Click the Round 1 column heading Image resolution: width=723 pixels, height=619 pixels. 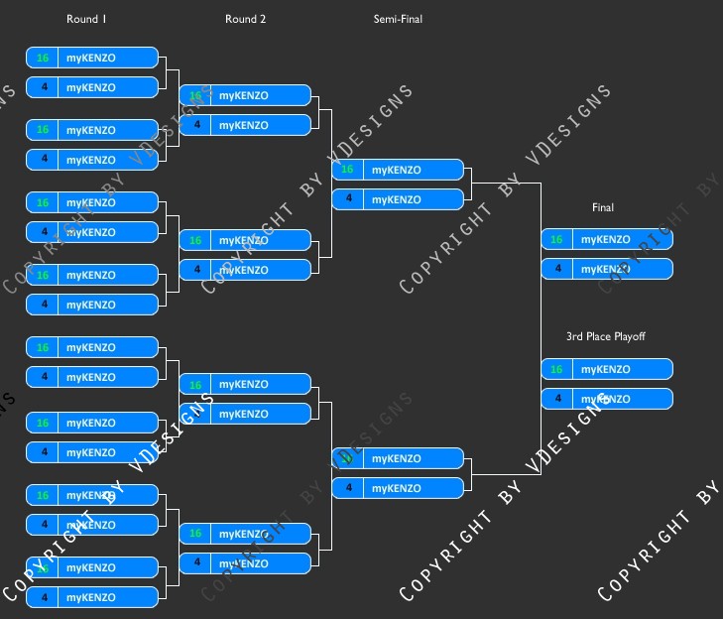point(86,19)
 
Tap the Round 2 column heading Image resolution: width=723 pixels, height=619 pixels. point(245,19)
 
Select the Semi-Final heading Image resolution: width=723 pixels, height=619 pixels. point(398,19)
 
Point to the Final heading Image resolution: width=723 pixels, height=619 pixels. point(603,207)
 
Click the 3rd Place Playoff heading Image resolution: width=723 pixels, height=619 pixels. point(605,336)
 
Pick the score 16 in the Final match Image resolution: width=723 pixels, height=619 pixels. point(556,239)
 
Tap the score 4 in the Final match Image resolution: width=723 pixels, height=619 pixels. point(556,269)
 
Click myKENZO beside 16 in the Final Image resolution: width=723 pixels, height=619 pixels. point(605,239)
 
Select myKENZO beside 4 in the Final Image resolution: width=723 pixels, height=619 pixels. point(605,269)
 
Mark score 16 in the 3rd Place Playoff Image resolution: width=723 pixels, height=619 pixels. point(556,369)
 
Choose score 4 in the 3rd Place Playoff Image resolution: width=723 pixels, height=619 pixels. point(556,399)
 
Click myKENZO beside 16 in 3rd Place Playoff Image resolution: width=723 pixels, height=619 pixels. point(605,369)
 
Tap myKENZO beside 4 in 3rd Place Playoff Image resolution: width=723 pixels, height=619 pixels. point(605,399)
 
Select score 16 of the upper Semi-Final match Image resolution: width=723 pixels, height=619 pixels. point(347,170)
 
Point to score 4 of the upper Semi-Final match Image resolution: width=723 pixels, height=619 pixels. point(347,199)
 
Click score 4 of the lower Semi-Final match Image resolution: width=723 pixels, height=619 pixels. point(347,488)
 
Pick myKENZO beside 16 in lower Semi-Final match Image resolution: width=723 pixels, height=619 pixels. point(396,458)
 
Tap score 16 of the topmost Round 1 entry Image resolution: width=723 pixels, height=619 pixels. point(43,58)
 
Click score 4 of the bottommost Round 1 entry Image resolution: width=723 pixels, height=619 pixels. point(43,597)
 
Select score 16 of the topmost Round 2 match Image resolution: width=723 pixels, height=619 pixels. point(195,95)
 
